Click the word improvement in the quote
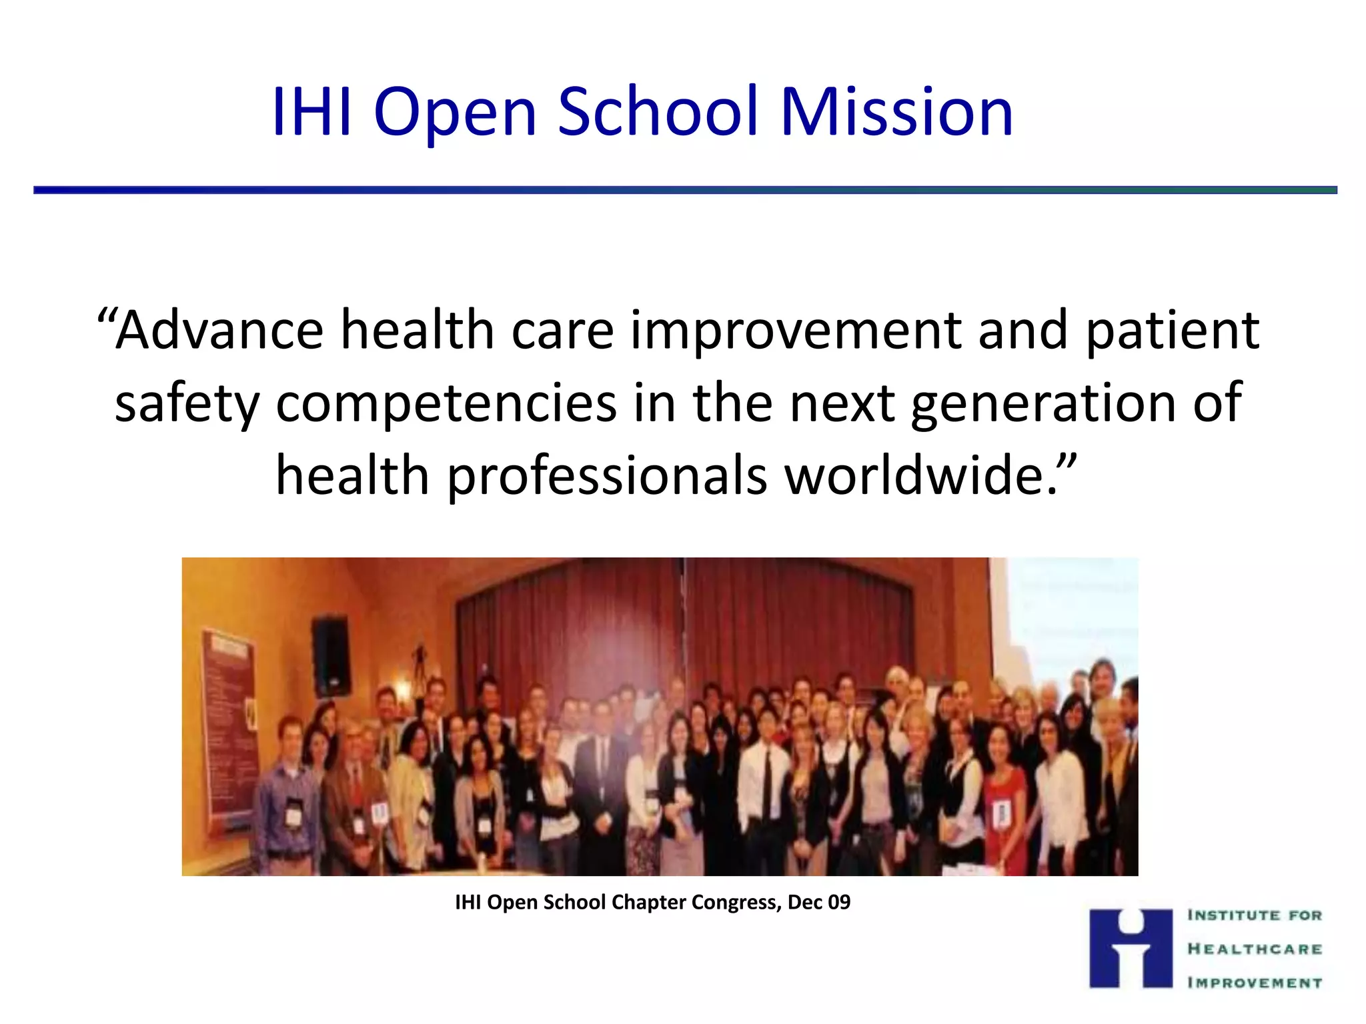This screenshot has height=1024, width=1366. (x=794, y=331)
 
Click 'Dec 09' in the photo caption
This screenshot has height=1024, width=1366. (x=818, y=902)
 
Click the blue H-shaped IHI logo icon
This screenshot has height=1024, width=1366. (x=1130, y=948)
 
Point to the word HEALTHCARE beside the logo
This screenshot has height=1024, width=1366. (x=1254, y=949)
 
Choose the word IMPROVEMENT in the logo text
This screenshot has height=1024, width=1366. (x=1254, y=982)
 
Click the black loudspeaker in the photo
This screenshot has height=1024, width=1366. (x=331, y=655)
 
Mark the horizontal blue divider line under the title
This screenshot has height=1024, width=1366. (x=684, y=190)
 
